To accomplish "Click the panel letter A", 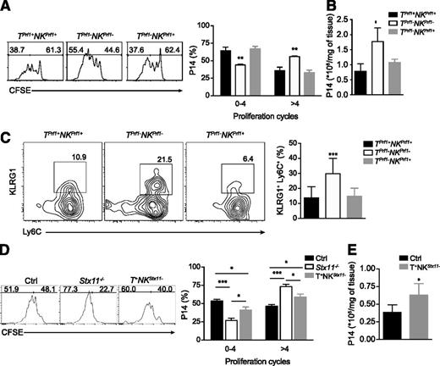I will (x=8, y=7).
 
